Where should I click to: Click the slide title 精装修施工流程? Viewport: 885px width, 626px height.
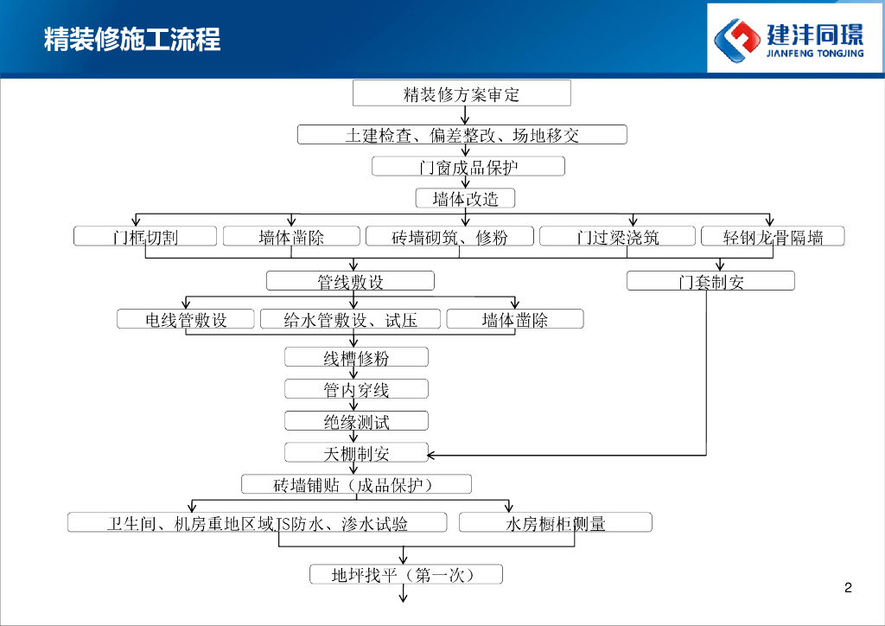click(132, 40)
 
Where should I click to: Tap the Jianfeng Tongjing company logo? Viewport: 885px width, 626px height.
click(794, 38)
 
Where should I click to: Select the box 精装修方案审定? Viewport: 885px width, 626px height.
click(462, 93)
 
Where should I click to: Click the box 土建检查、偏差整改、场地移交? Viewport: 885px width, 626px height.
click(462, 135)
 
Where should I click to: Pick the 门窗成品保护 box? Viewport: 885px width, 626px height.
click(468, 166)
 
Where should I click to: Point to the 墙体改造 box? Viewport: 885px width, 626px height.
click(465, 199)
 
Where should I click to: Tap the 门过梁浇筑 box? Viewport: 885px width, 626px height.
click(617, 237)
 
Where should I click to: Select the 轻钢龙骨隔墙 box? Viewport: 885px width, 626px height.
click(772, 237)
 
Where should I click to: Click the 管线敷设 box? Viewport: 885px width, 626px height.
click(350, 281)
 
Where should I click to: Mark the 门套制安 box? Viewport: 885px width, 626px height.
click(710, 281)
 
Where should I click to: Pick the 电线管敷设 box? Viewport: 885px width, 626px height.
click(186, 320)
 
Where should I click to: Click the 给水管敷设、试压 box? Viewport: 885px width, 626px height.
click(350, 320)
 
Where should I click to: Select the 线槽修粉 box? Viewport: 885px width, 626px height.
click(356, 357)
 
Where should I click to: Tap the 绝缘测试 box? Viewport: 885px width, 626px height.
click(356, 421)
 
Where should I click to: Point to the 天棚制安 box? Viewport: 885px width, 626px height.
click(356, 452)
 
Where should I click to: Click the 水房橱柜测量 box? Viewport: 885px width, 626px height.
click(555, 522)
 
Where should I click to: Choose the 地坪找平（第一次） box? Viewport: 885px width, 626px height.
click(405, 574)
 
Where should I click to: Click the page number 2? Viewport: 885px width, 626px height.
click(848, 589)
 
